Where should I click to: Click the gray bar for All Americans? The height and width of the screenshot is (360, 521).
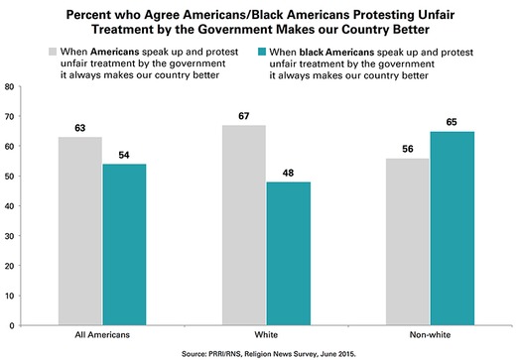coord(81,231)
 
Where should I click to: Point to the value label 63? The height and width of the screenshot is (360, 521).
coord(81,128)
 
